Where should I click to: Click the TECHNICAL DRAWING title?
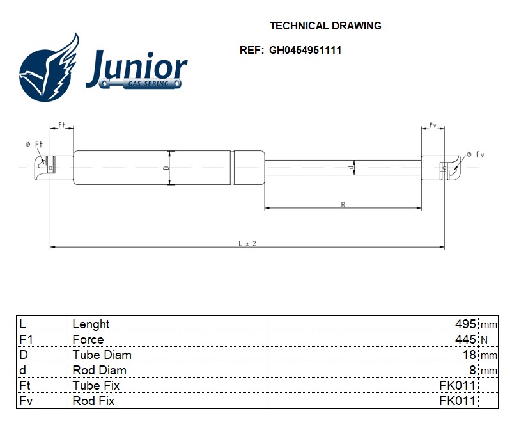(x=325, y=26)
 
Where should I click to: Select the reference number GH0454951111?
(x=305, y=50)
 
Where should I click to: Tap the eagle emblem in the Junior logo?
(x=49, y=67)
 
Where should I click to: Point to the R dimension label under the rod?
(x=343, y=204)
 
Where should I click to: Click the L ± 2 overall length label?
(x=247, y=243)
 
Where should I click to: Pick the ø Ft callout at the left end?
(x=34, y=144)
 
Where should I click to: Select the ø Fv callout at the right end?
(x=476, y=155)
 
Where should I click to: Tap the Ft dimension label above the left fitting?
(x=61, y=125)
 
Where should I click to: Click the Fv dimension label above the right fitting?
(x=433, y=125)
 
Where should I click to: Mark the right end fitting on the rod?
(x=441, y=168)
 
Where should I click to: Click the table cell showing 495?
(x=465, y=324)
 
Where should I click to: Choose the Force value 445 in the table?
(x=465, y=339)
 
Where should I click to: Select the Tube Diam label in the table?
(x=102, y=355)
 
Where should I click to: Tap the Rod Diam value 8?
(x=472, y=370)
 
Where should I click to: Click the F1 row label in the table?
(x=26, y=339)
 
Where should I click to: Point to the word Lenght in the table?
(x=91, y=324)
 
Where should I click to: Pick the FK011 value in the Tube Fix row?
(x=458, y=385)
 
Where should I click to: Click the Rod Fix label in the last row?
(x=93, y=401)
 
